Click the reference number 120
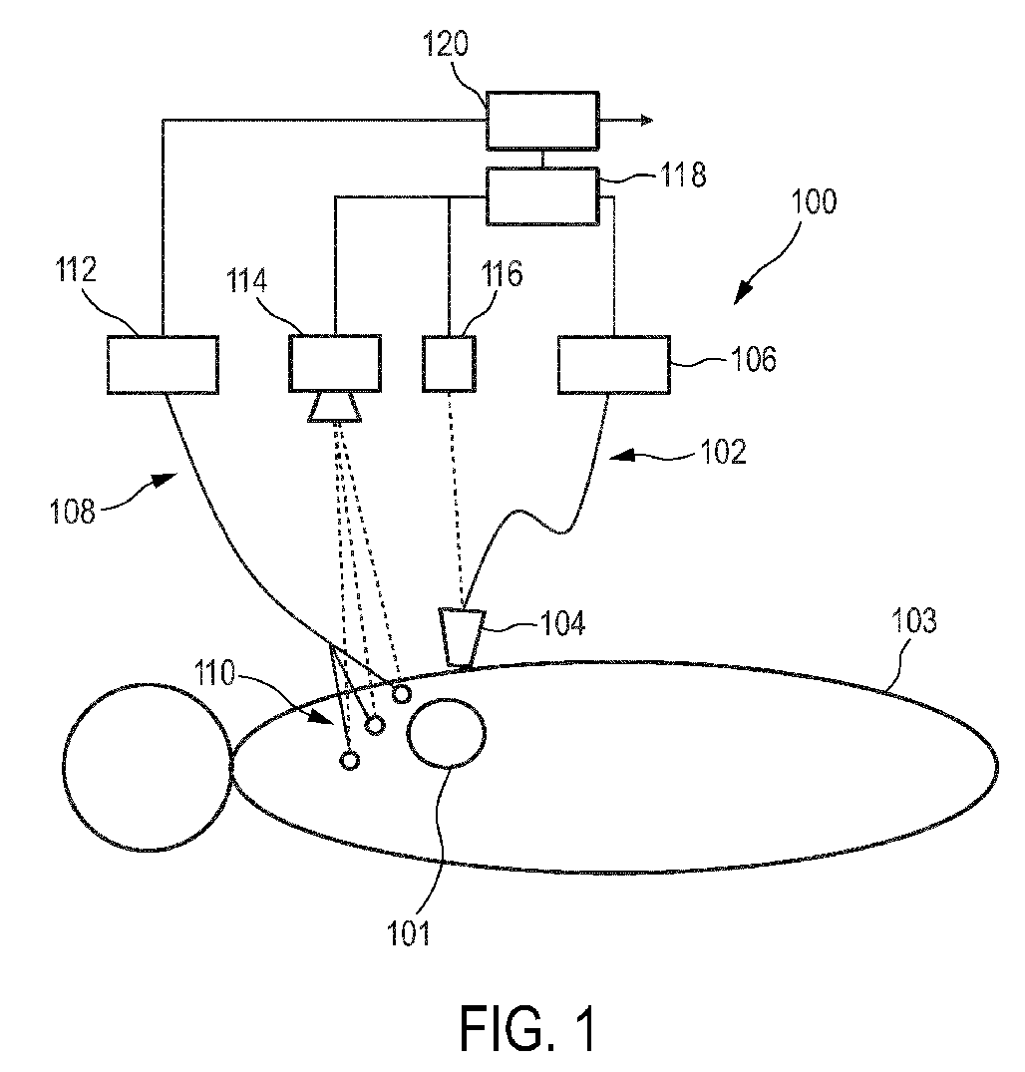point(446,44)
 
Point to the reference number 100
point(814,201)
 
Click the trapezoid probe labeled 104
point(462,637)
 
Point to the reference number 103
point(913,620)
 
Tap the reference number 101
point(408,933)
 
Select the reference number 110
point(215,673)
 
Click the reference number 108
point(73,511)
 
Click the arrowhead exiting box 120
point(647,121)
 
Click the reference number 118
point(683,175)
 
